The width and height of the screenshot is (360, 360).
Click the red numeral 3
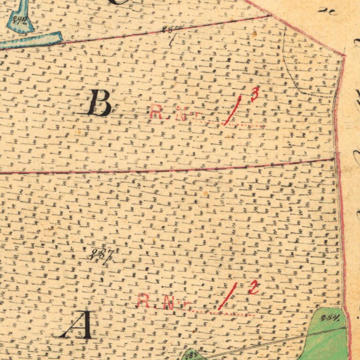(255, 95)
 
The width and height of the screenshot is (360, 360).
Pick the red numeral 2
(253, 288)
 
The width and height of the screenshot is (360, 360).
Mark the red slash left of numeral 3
(233, 110)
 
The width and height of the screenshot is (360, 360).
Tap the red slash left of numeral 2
(227, 296)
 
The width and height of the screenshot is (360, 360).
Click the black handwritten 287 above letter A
(102, 255)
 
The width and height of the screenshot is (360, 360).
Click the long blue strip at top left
(30, 40)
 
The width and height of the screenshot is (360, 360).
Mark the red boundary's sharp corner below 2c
(345, 56)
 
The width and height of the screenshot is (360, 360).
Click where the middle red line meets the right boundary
(334, 159)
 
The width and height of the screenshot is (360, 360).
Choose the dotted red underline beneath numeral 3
(244, 126)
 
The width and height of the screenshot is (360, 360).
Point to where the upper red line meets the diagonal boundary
(270, 15)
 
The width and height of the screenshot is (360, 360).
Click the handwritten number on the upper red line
(165, 29)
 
